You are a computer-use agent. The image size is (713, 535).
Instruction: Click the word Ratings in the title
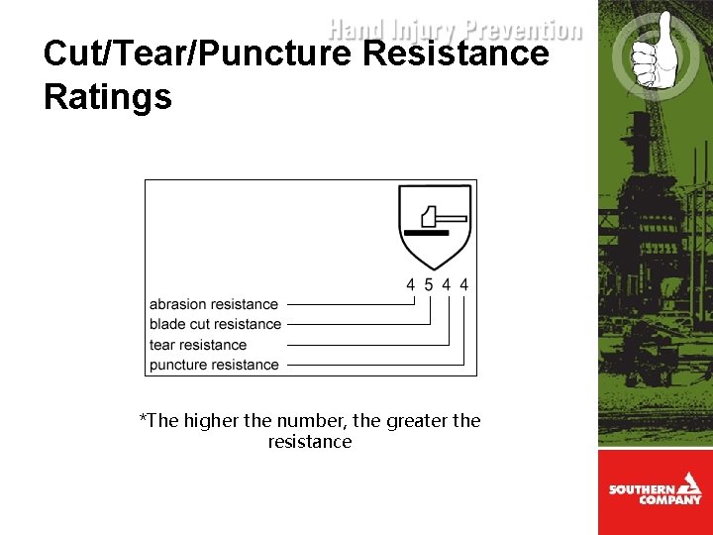click(108, 97)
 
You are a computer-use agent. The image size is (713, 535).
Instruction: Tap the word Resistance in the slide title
click(456, 53)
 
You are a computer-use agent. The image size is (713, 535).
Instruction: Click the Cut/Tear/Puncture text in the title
click(197, 53)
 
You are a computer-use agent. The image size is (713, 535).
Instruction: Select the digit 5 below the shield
click(429, 284)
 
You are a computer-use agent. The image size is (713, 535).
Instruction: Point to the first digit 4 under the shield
click(411, 284)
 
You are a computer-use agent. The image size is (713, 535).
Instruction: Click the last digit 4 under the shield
click(464, 284)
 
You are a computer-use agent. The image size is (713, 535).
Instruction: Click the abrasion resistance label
click(214, 304)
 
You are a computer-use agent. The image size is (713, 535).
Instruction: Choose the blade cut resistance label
click(215, 324)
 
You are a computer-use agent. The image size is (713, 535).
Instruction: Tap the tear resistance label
click(198, 345)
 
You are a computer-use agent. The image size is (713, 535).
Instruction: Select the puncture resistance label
click(214, 365)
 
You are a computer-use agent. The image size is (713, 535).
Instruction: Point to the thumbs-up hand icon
click(648, 52)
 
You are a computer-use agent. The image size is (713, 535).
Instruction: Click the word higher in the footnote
click(212, 420)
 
